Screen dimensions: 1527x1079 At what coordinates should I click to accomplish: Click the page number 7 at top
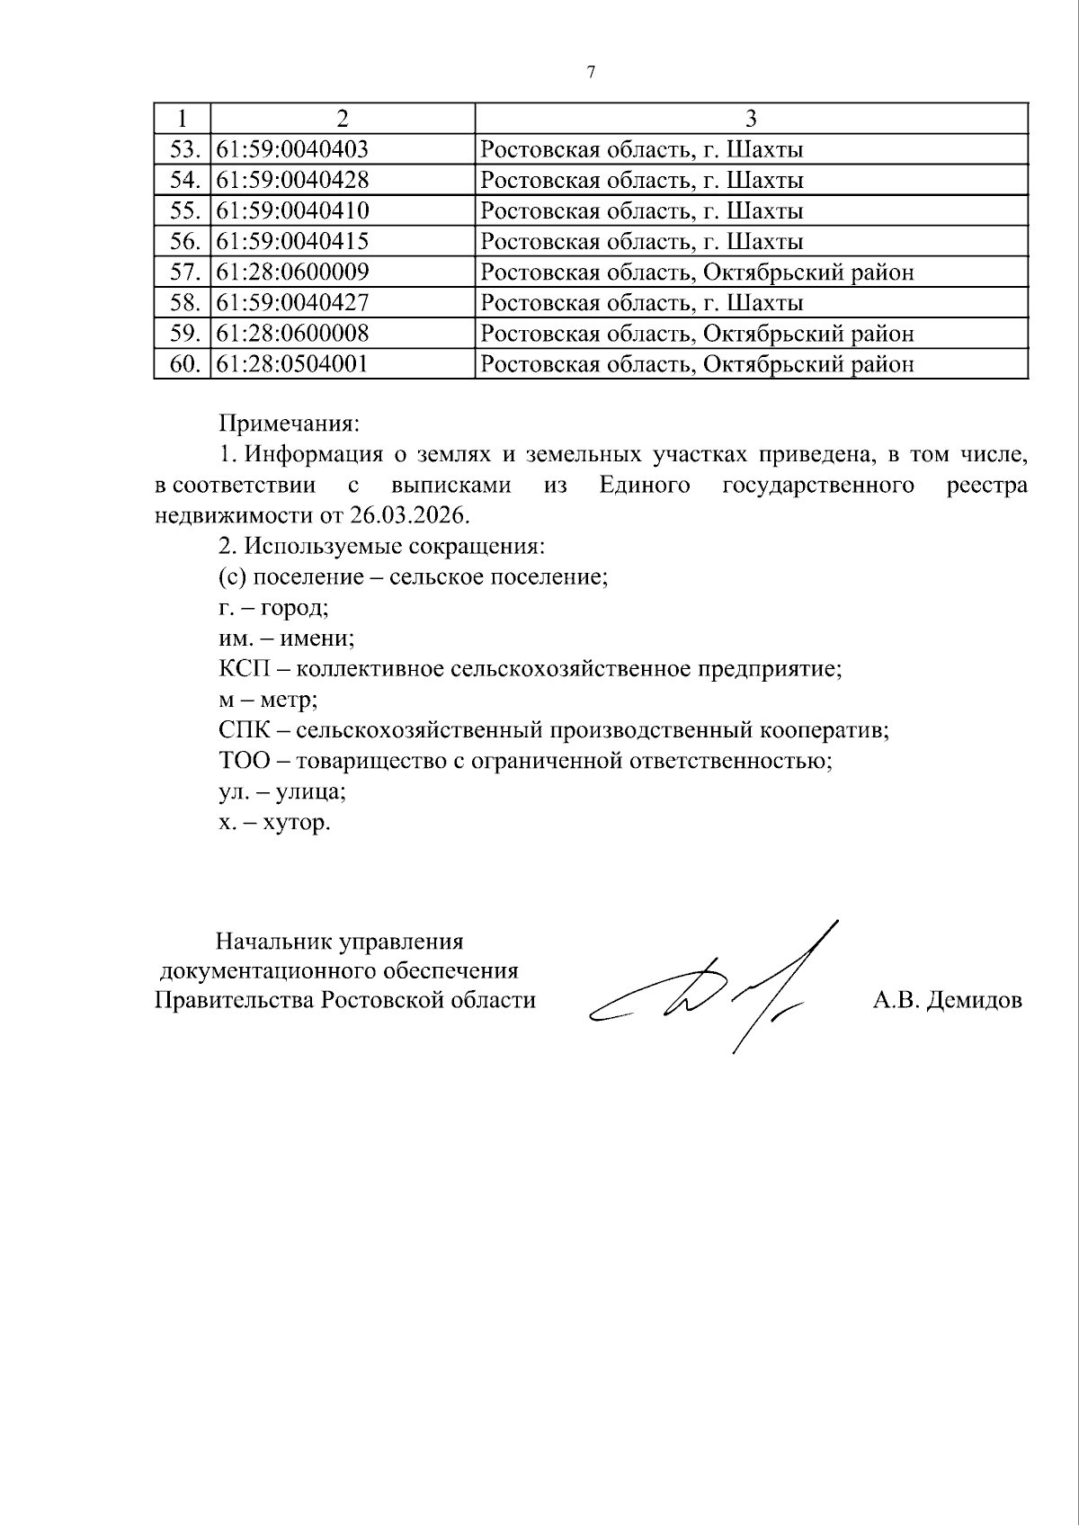point(591,73)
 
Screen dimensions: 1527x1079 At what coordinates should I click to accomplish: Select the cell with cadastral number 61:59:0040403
point(293,149)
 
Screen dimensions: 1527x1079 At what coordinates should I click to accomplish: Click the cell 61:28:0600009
point(293,272)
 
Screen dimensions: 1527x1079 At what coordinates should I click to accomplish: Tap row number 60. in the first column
point(183,363)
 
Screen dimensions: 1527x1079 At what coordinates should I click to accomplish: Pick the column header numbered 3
point(751,119)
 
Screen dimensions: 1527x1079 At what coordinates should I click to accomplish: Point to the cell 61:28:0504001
point(293,363)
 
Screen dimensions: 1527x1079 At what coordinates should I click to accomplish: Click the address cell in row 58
point(642,302)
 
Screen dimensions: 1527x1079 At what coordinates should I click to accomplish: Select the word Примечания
point(289,423)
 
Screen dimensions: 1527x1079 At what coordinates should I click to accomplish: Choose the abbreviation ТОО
point(244,761)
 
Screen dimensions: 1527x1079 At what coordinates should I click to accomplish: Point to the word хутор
point(296,822)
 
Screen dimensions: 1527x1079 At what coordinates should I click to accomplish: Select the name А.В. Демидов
point(947,1000)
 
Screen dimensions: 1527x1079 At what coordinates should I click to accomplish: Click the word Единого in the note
point(644,486)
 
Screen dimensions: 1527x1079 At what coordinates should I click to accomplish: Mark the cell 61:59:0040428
point(293,180)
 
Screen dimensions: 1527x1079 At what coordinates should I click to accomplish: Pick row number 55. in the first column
point(183,210)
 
